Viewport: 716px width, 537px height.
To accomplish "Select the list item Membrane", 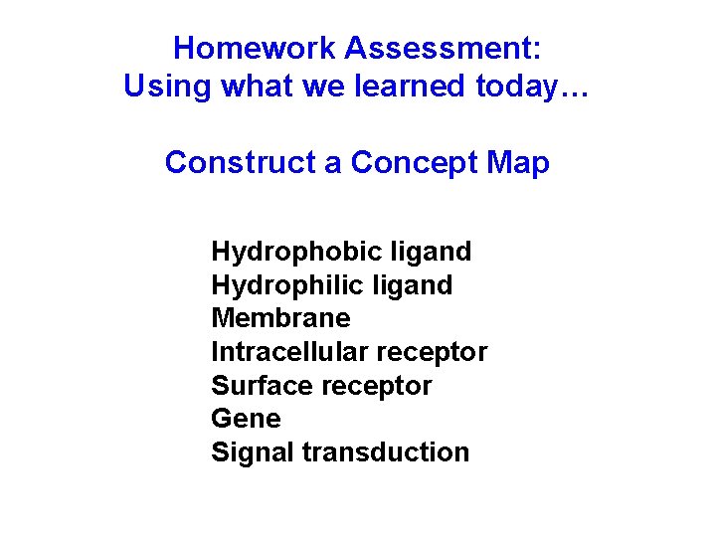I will coord(280,318).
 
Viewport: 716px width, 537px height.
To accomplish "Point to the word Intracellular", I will coord(289,352).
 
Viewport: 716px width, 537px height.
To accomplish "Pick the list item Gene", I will coord(246,419).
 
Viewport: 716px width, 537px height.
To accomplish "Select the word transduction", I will coord(386,452).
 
